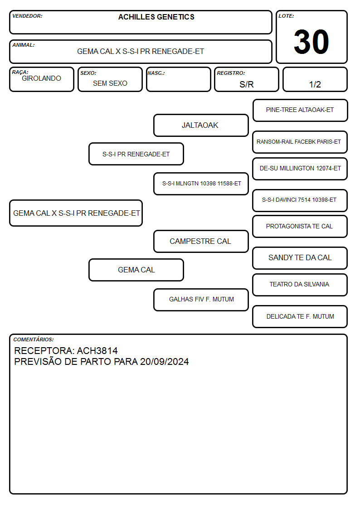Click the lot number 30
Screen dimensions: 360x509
pos(311,42)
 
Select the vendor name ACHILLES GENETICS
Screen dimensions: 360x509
pos(156,17)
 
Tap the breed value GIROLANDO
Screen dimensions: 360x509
pos(41,78)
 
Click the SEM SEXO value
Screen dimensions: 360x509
pos(110,83)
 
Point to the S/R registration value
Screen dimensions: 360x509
pos(246,84)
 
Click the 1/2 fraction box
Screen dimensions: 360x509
pos(315,79)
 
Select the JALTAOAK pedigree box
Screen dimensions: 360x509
pos(201,125)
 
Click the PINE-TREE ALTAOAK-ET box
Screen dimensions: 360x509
pos(300,111)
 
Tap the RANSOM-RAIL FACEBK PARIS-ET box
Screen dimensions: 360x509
pos(300,142)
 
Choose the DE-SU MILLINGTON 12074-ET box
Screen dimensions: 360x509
pos(300,169)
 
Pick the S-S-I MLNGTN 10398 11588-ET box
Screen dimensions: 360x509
pos(201,184)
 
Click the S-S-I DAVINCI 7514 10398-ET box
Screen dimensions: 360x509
pos(300,200)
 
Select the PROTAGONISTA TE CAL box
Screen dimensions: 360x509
pos(300,227)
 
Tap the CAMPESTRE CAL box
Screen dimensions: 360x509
pos(201,242)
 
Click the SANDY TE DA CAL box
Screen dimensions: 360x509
pos(300,258)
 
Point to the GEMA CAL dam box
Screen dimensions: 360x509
pos(136,270)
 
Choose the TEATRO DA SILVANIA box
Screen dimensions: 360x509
pos(300,285)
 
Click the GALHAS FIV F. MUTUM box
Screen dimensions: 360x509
pos(201,300)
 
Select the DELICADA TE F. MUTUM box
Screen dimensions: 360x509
pos(300,316)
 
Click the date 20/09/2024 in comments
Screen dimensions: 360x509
pos(164,362)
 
